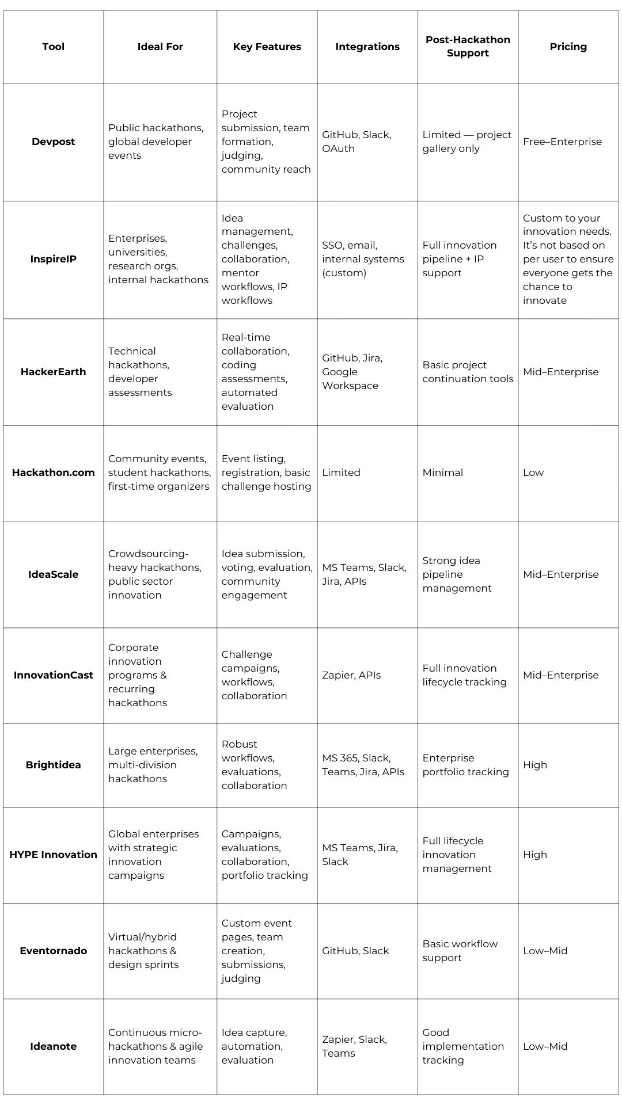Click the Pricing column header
pyautogui.click(x=568, y=47)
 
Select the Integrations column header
pyautogui.click(x=367, y=47)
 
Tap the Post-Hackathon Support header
pyautogui.click(x=468, y=47)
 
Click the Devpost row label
pyautogui.click(x=53, y=142)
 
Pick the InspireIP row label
pyautogui.click(x=53, y=259)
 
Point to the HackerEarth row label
pyautogui.click(x=53, y=372)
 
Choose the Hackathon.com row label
pyautogui.click(x=53, y=473)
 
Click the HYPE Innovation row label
pyautogui.click(x=53, y=855)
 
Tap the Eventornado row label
pyautogui.click(x=53, y=951)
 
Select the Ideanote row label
pyautogui.click(x=53, y=1046)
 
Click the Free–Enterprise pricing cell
pyautogui.click(x=562, y=142)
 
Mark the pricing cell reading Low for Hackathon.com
pyautogui.click(x=533, y=473)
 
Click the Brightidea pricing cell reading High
pyautogui.click(x=535, y=765)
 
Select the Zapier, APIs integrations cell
pyautogui.click(x=351, y=675)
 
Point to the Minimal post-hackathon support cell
pyautogui.click(x=443, y=473)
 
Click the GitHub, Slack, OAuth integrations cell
pyautogui.click(x=356, y=142)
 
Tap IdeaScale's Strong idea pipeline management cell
pyautogui.click(x=457, y=574)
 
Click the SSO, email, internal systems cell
pyautogui.click(x=363, y=259)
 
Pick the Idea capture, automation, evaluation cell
pyautogui.click(x=254, y=1046)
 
